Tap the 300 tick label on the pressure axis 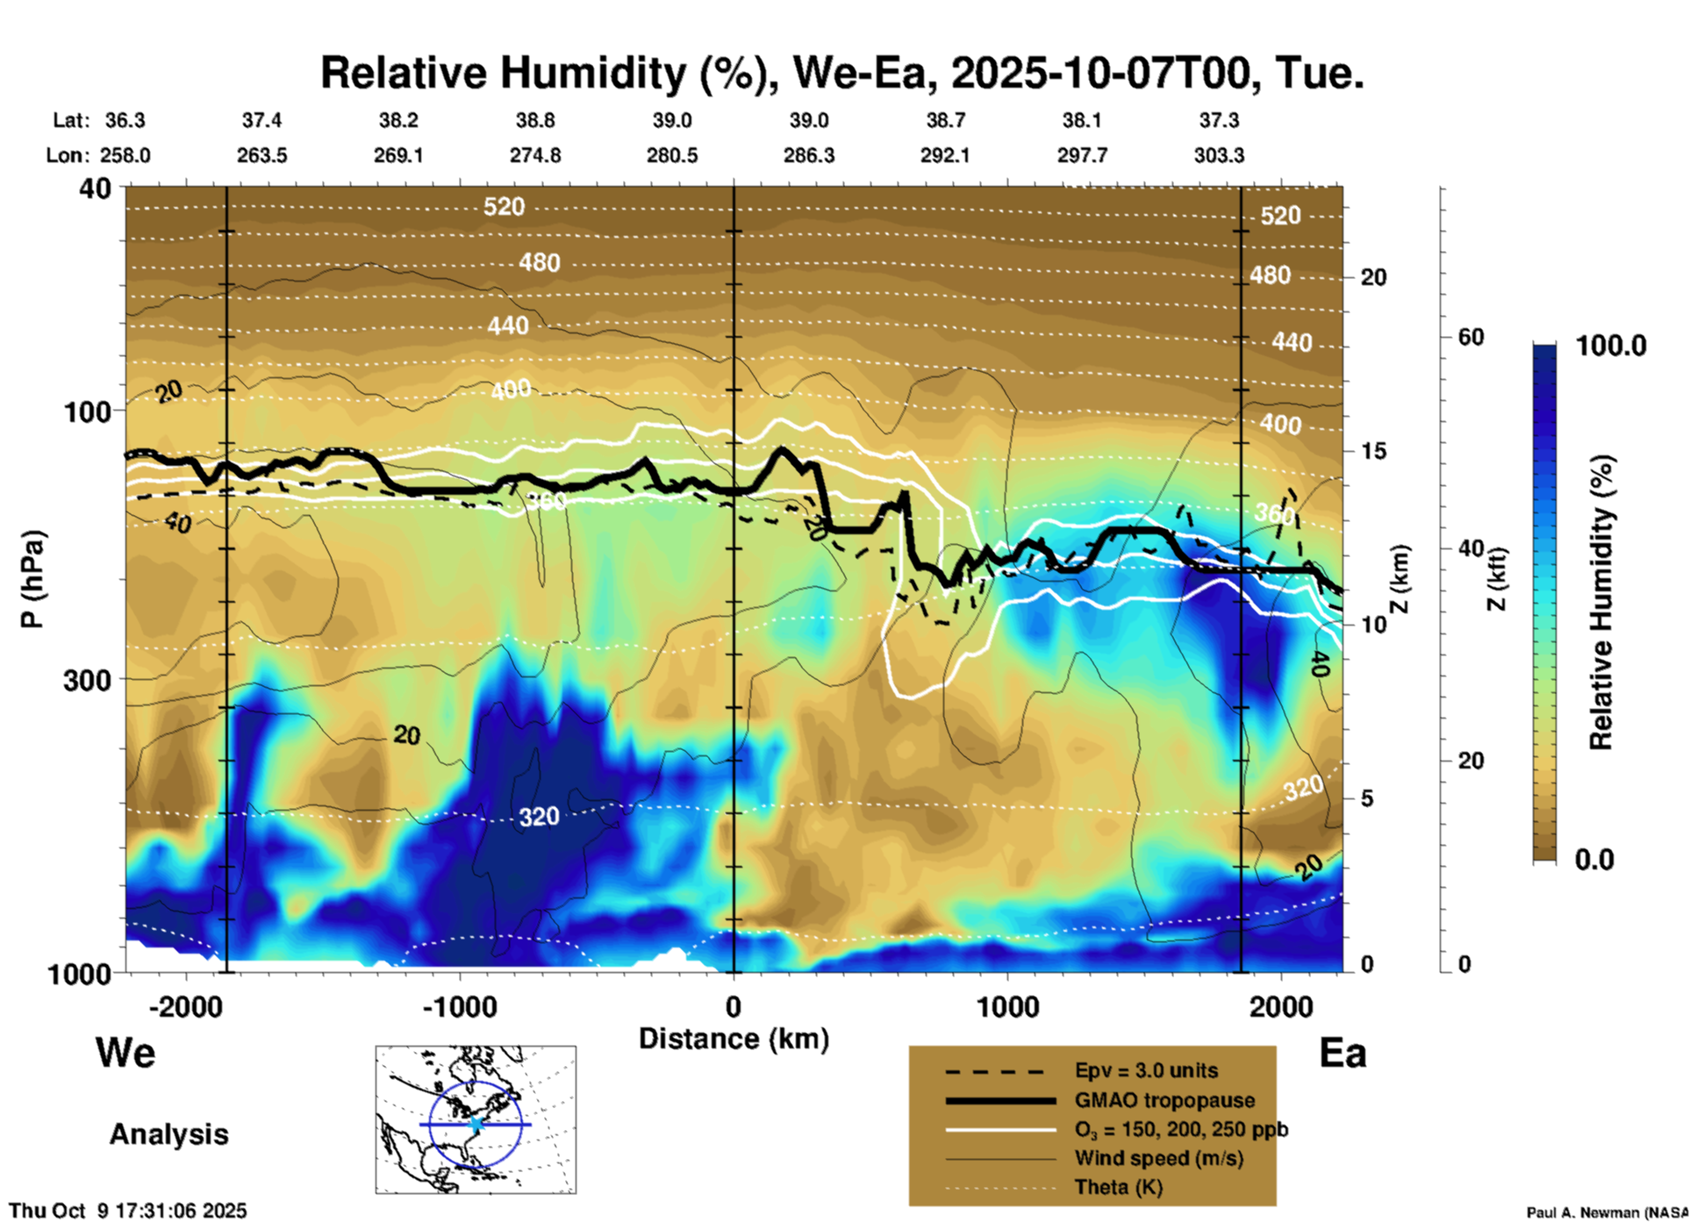87,680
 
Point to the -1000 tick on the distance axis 460,1006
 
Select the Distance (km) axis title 734,1039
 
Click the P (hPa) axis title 32,579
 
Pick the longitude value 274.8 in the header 535,155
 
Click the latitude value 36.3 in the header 125,120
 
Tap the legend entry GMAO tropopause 1164,1100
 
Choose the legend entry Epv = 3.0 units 1146,1070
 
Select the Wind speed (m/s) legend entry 1158,1158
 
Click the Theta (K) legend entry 1119,1187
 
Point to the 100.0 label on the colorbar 1611,346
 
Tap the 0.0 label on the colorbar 1594,859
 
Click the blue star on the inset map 476,1124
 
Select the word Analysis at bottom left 168,1134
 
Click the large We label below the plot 125,1052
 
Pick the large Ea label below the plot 1343,1053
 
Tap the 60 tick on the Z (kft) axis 1471,337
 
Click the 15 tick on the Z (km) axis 1373,451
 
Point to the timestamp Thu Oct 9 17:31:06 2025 128,1211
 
